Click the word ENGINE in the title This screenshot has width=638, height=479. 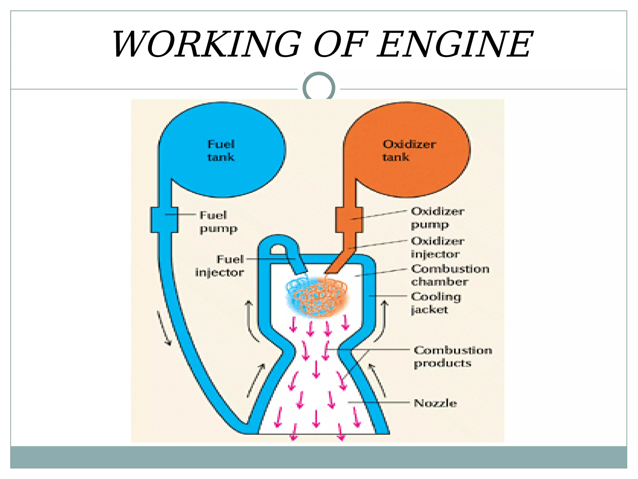455,44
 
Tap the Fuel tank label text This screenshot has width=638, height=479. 221,151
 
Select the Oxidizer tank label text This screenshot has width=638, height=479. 408,151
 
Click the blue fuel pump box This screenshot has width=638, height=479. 164,220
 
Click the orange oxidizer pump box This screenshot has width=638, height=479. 349,220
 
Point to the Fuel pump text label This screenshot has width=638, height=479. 218,222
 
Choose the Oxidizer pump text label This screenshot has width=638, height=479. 437,218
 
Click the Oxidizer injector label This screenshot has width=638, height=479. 437,247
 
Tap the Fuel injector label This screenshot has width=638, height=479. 220,266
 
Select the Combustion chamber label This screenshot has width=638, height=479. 450,275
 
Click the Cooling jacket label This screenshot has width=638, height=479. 436,303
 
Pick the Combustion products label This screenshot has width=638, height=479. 453,356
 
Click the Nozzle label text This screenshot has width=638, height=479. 435,403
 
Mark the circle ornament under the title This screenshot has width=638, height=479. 319,88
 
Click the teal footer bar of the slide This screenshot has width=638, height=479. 319,457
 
